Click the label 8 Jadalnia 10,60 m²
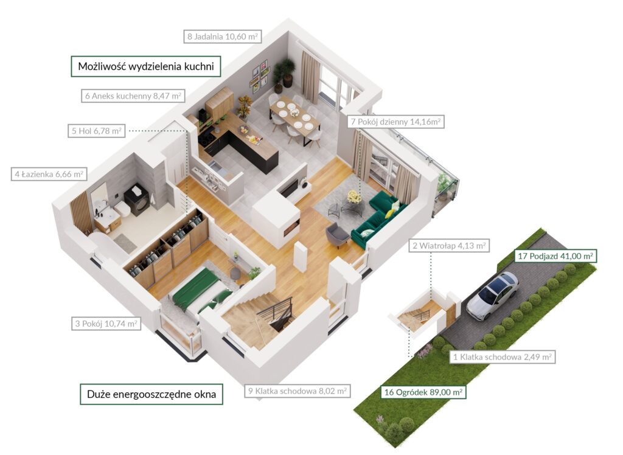tap(223, 36)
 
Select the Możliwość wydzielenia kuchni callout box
tap(146, 66)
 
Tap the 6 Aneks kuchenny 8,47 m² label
tap(133, 96)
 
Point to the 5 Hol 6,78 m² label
tap(97, 131)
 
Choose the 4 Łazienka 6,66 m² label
tap(49, 174)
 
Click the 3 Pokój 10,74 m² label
tap(106, 324)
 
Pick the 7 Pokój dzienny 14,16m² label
tap(395, 122)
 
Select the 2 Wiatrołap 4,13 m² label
tap(449, 246)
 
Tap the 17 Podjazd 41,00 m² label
tap(555, 256)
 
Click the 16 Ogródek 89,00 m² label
tap(423, 392)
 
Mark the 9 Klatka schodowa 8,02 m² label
tap(298, 391)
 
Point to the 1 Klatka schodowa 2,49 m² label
tap(503, 357)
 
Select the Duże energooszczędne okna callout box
tap(151, 394)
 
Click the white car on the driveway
tap(493, 295)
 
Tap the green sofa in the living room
tap(378, 220)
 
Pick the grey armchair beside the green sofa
tap(337, 234)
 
